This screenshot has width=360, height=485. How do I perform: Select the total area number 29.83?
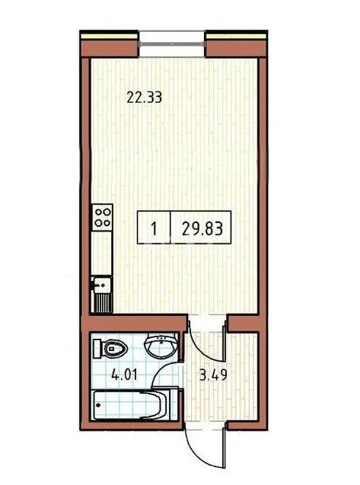[202, 228]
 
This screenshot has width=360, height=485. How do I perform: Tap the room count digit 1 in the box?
[155, 228]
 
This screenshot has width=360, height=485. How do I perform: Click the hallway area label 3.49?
[208, 375]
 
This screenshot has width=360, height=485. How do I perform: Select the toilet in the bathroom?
[113, 349]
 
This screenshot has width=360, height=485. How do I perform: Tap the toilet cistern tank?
[97, 349]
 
